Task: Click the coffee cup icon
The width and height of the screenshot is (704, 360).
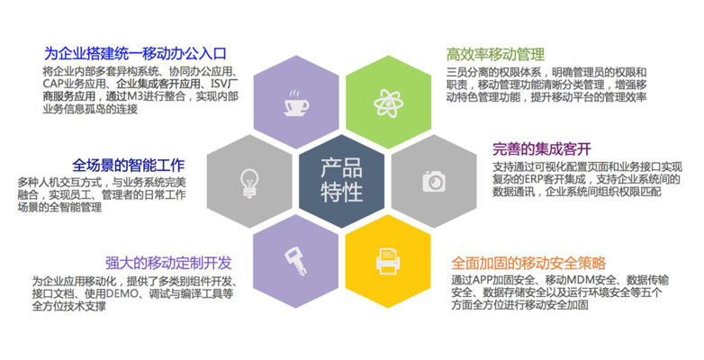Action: pyautogui.click(x=296, y=103)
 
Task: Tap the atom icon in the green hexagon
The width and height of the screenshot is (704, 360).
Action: pyautogui.click(x=388, y=103)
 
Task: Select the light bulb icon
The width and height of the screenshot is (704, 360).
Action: pyautogui.click(x=249, y=183)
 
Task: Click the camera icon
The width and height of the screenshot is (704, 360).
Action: pyautogui.click(x=434, y=181)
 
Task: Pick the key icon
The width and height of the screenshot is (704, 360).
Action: pyautogui.click(x=296, y=261)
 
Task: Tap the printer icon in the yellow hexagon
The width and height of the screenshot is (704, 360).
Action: pyautogui.click(x=388, y=261)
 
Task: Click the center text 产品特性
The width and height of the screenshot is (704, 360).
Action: pyautogui.click(x=342, y=180)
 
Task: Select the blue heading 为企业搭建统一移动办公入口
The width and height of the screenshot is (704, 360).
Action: pyautogui.click(x=135, y=54)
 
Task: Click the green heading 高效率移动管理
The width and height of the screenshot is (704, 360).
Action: pyautogui.click(x=495, y=54)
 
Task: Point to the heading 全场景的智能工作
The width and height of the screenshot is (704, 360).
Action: pyautogui.click(x=129, y=166)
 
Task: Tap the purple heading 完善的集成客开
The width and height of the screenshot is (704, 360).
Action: pyautogui.click(x=542, y=148)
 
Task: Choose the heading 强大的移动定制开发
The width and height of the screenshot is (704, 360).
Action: pyautogui.click(x=168, y=263)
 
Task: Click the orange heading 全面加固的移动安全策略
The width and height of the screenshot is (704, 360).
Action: pyautogui.click(x=528, y=263)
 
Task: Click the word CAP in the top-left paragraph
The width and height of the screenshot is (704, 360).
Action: pyautogui.click(x=52, y=84)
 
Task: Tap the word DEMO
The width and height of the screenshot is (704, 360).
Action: pyautogui.click(x=122, y=294)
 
